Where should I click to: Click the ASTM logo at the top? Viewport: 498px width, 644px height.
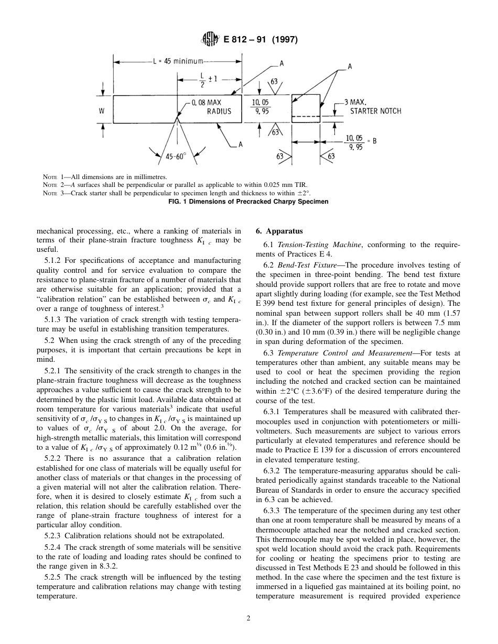[210, 39]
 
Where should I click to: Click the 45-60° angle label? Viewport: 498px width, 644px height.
[178, 156]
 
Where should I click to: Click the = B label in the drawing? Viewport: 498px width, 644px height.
[371, 141]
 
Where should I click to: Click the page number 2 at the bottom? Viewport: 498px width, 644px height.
[249, 618]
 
